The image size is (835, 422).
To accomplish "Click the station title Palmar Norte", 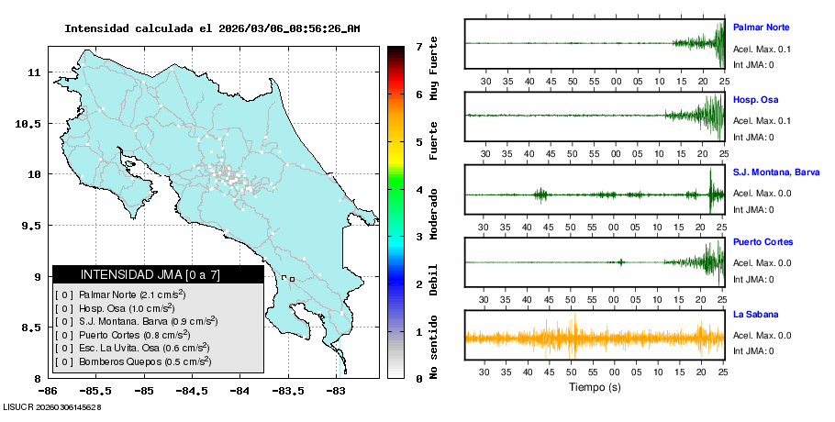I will click(761, 27).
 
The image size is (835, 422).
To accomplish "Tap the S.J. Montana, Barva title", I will click(776, 172).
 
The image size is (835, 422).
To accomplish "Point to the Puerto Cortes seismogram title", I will click(763, 242).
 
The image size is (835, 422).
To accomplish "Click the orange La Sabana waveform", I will click(595, 338).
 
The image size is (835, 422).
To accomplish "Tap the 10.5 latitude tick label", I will click(31, 124).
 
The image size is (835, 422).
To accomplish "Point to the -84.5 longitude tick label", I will click(192, 391).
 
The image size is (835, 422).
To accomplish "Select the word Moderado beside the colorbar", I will click(434, 213).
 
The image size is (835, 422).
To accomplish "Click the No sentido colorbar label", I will click(434, 350).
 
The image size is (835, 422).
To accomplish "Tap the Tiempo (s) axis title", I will click(595, 386).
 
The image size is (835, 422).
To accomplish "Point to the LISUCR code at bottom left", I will click(51, 406).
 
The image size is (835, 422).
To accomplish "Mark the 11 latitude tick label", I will click(35, 72).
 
